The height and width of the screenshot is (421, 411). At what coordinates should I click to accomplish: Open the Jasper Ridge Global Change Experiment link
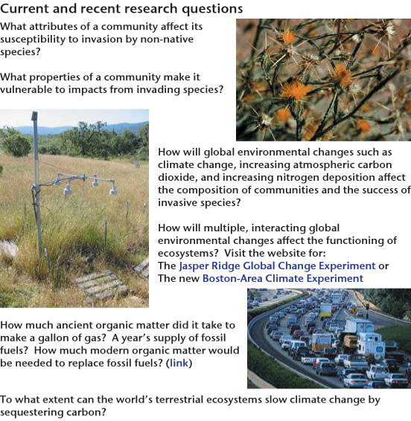pos(277,266)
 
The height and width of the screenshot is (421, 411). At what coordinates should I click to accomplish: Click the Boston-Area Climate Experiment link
pos(283,278)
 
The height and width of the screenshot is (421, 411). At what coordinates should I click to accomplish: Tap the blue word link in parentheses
pos(179,363)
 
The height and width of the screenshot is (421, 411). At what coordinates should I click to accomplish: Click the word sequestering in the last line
pos(31,412)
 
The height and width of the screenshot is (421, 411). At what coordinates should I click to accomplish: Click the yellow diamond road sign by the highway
pos(354,310)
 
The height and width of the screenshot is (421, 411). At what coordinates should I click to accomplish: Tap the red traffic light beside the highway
pos(367,306)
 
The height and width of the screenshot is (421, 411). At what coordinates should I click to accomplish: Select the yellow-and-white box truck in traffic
pos(326,311)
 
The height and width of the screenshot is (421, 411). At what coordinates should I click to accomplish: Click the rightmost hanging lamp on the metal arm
pos(113,190)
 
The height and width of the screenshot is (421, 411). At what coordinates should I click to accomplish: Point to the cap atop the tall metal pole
pos(35,116)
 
